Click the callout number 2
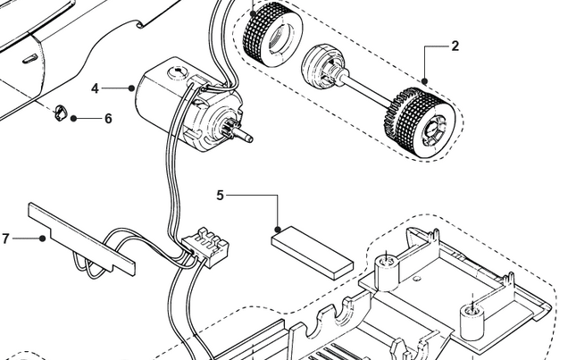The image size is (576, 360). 455,46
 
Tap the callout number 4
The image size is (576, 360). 95,88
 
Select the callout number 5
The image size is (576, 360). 221,194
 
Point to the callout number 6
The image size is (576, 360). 108,118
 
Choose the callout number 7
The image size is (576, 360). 6,239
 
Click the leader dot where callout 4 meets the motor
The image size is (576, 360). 131,88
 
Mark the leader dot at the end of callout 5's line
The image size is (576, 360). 279,229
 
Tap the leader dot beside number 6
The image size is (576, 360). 74,118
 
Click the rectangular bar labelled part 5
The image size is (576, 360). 312,252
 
